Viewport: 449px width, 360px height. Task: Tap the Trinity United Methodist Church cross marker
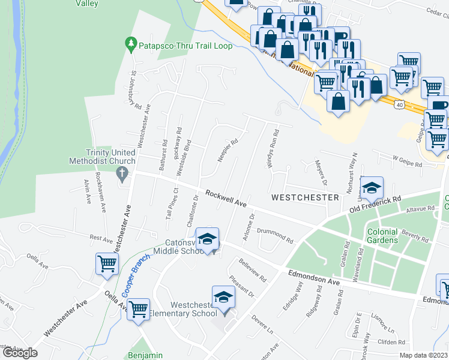pos(122,175)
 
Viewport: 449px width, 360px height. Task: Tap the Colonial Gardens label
pos(382,236)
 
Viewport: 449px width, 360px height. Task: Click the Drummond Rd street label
pos(275,235)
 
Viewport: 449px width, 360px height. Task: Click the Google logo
pos(20,353)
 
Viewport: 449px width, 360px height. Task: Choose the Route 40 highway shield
pos(399,106)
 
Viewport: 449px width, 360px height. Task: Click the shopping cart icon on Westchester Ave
pos(107,263)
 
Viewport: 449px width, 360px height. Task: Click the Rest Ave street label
pos(101,239)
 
